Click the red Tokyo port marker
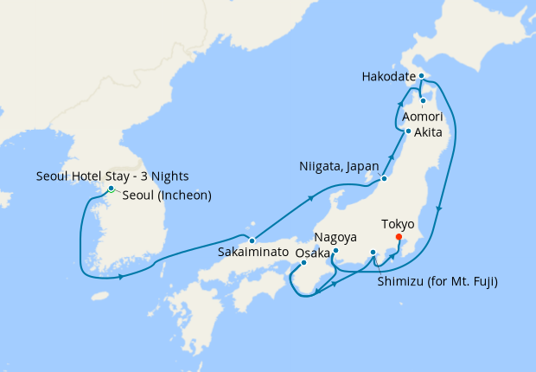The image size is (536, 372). point(398,236)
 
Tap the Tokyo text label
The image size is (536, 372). point(399,222)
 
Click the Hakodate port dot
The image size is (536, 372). point(421,76)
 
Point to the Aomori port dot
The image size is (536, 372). point(423,100)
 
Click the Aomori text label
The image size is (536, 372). point(422,115)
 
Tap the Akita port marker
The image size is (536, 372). point(408,131)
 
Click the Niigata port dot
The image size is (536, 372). point(384,180)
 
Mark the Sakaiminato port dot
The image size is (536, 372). point(252,240)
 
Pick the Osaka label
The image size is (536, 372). point(313,253)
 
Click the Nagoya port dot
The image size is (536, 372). point(335,251)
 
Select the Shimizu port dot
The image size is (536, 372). point(373,253)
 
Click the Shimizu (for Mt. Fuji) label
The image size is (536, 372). point(438,282)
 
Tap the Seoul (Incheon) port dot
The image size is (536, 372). point(111,189)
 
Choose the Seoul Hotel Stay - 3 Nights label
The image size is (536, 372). point(112,176)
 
